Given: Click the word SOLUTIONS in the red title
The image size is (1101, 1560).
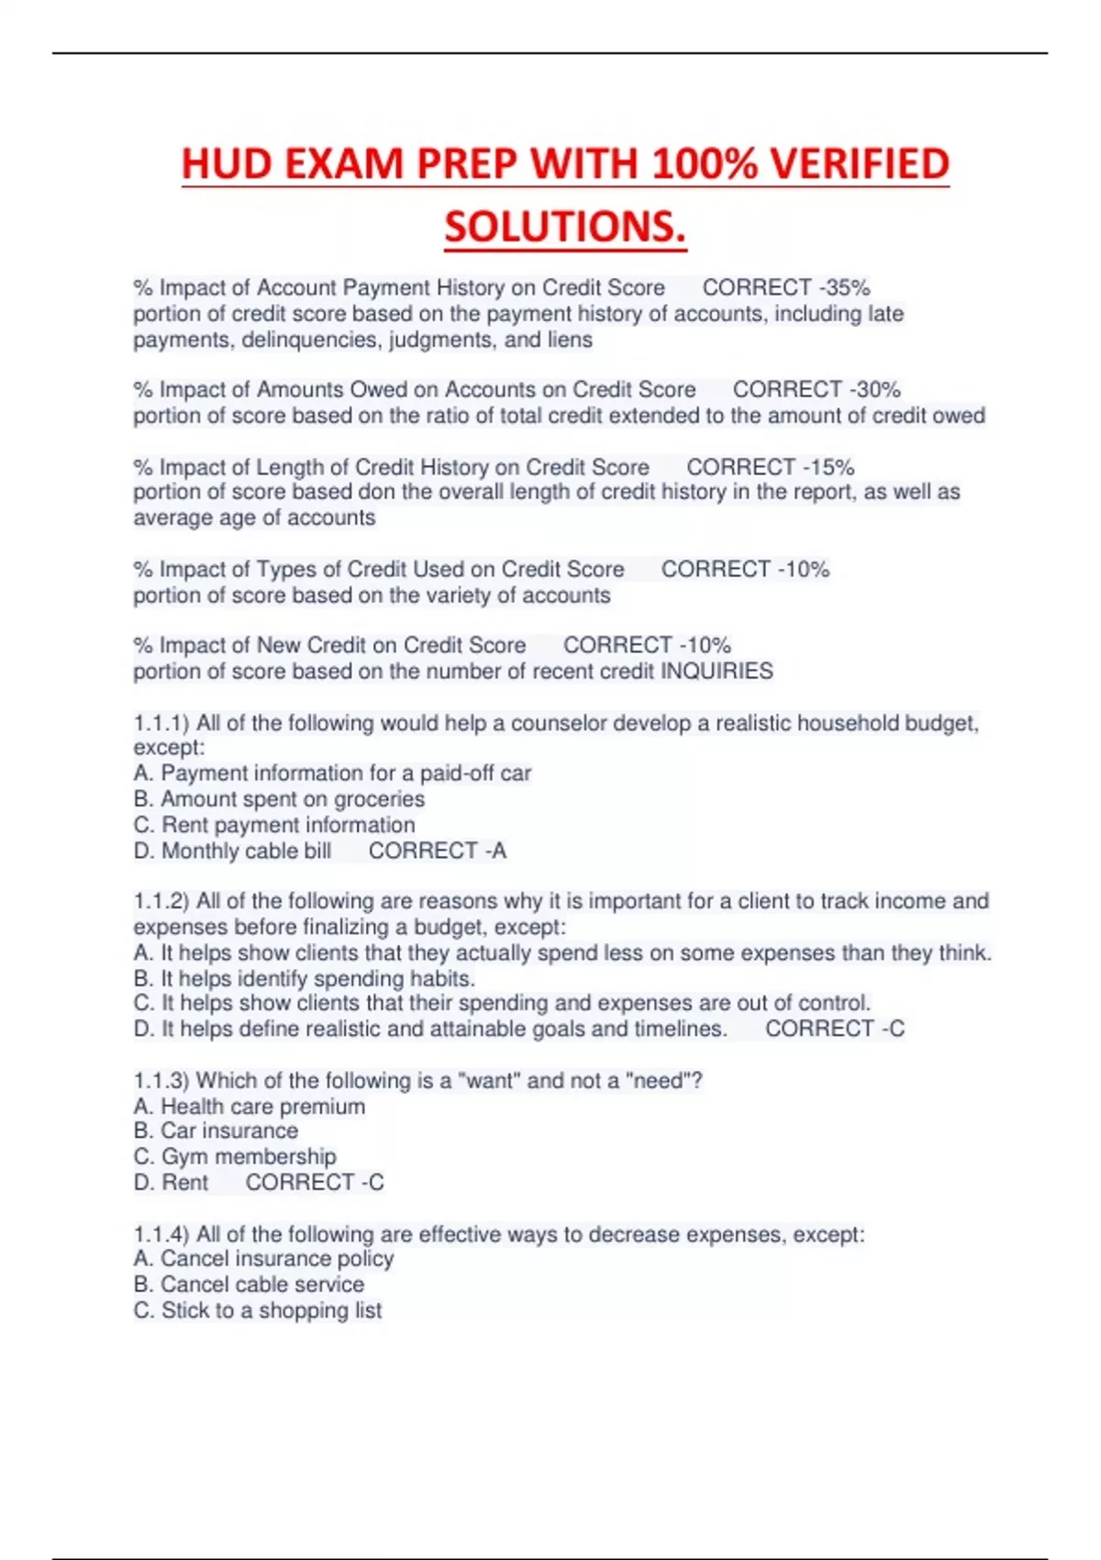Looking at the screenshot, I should pos(565,227).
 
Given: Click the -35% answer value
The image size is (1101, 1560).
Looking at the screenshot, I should pos(844,287).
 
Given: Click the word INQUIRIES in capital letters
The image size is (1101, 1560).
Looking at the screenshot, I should pos(717,671).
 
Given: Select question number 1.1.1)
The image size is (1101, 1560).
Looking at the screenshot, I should pos(161,723).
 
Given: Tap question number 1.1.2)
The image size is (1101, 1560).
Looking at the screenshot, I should pos(161,901).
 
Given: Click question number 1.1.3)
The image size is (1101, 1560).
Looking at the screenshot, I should pos(161,1080).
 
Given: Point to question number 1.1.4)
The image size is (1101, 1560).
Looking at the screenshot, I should pos(161,1234).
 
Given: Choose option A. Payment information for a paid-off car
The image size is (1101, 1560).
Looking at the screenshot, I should pos(332,774).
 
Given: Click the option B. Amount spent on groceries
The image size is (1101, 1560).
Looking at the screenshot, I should pos(279,799).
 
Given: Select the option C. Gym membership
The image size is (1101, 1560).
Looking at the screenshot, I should pos(235,1156).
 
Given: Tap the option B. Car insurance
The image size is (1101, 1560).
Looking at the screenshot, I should pos(216,1131).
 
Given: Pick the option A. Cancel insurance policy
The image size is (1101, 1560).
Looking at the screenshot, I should pos(263,1259).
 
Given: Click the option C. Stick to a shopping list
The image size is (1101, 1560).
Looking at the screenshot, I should pos(257,1310).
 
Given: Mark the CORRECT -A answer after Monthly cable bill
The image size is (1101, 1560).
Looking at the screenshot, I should pos(437,851).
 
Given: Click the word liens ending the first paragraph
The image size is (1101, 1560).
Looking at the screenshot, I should pos(570,340).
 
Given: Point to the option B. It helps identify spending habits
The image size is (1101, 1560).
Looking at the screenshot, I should pos(304,978).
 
